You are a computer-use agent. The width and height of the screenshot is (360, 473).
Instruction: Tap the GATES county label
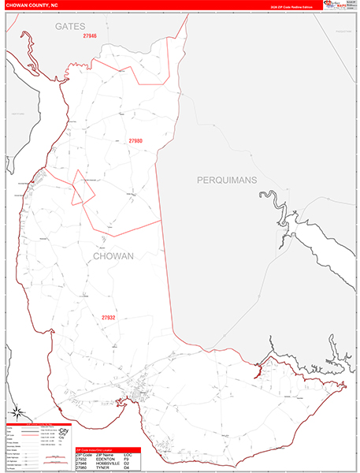coord(69,26)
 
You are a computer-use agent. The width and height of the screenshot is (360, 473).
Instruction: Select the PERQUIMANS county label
coord(227,181)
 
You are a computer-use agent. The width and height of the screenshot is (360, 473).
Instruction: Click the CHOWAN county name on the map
coord(113,256)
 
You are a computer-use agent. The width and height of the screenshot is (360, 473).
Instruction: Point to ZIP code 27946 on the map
coord(90,36)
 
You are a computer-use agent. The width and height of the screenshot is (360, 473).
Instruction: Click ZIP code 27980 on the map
coord(136,141)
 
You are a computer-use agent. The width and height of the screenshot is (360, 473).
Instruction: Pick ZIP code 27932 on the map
coord(108,318)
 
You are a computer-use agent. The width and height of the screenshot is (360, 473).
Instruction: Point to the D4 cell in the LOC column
coord(128,468)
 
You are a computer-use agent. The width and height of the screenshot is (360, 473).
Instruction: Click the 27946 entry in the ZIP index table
coord(82,464)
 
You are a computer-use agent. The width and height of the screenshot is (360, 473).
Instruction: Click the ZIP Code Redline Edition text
coord(291,6)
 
